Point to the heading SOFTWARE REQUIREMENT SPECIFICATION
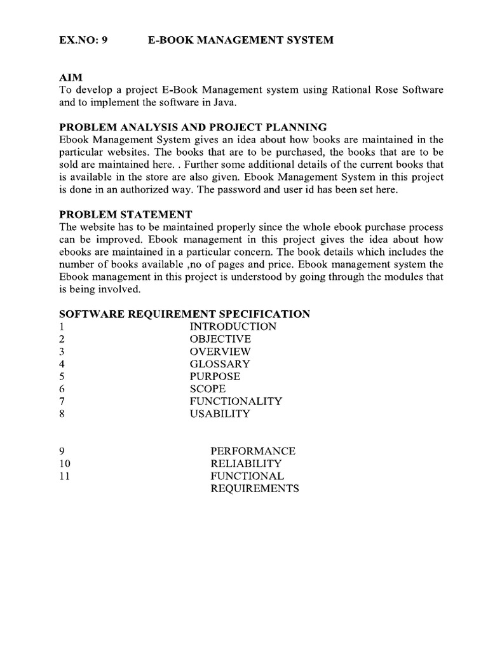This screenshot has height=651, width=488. tap(184, 314)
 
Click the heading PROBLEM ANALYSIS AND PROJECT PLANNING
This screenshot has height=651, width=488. tap(193, 127)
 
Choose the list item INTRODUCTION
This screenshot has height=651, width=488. tap(233, 326)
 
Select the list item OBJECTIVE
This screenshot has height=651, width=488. tap(220, 339)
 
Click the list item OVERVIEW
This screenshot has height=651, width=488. tap(220, 352)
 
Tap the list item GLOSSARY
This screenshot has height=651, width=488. tap(219, 364)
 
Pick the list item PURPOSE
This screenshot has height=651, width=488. tap(215, 376)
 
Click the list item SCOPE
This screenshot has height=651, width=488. tap(207, 388)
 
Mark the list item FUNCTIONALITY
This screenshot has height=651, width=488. tap(235, 401)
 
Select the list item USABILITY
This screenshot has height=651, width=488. tap(219, 414)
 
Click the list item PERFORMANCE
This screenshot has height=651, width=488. tap(253, 451)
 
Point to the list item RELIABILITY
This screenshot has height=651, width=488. tap(245, 463)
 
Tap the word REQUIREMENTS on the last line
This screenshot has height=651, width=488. tap(254, 488)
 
